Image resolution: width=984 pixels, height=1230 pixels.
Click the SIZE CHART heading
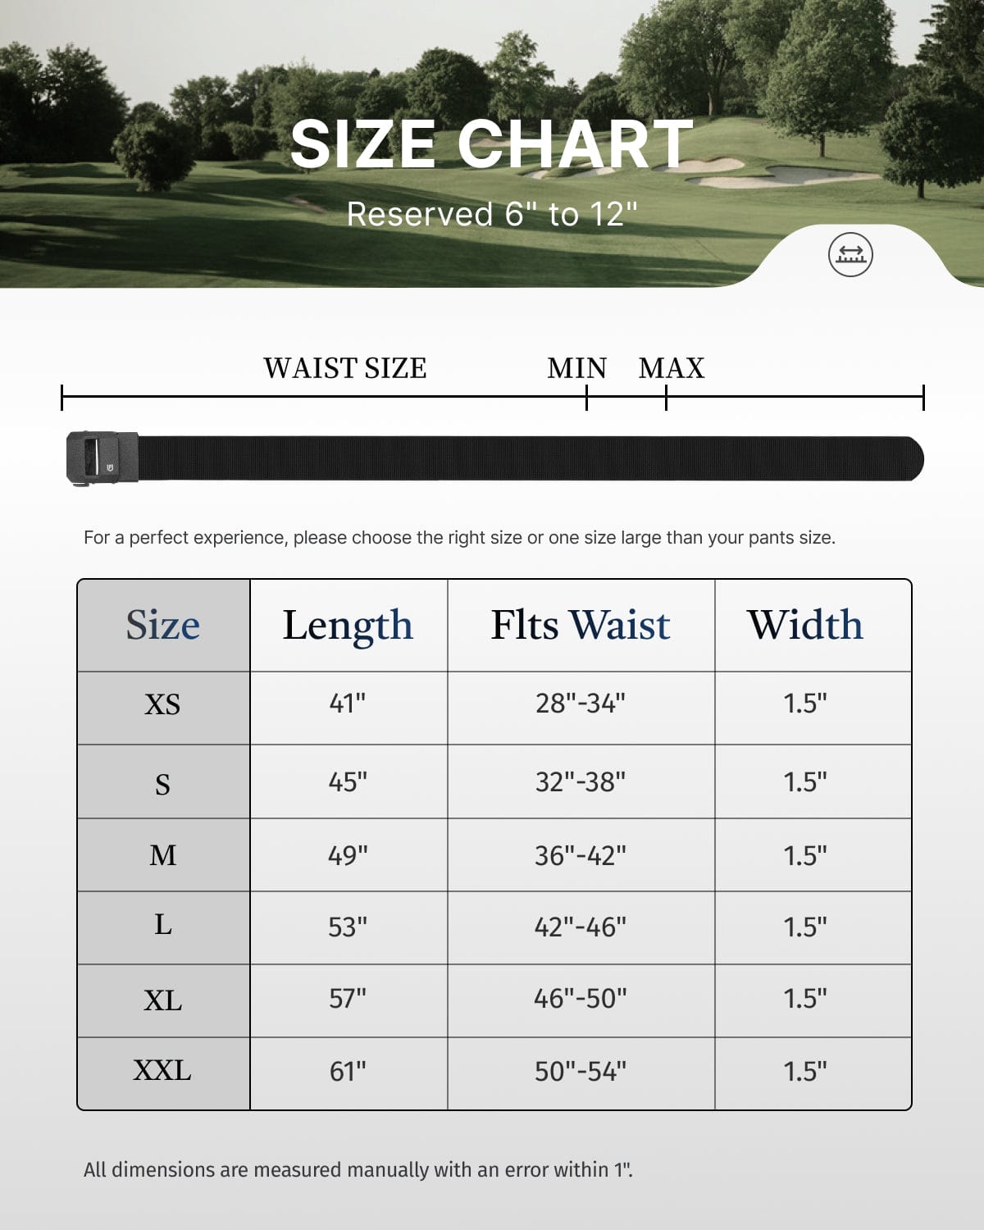click(x=492, y=144)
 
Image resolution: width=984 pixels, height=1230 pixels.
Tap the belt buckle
click(x=102, y=458)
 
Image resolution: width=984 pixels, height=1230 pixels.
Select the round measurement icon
click(x=850, y=254)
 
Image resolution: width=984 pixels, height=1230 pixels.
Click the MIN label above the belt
click(x=576, y=368)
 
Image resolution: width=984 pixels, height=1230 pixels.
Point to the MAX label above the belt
click(x=672, y=368)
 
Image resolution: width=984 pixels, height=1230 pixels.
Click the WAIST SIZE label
click(x=344, y=368)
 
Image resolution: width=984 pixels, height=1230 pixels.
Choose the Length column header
click(x=348, y=625)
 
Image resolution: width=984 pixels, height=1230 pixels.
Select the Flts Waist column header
click(x=581, y=625)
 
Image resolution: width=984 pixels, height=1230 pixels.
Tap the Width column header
click(x=805, y=625)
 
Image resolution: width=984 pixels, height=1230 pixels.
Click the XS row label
click(x=162, y=704)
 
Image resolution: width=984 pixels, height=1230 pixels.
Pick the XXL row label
click(x=162, y=1071)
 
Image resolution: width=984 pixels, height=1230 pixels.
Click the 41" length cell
click(x=348, y=704)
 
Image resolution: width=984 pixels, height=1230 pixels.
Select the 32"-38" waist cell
click(x=581, y=781)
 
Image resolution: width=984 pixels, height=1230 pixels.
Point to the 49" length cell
click(x=348, y=855)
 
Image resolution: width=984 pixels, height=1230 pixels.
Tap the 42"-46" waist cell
click(x=581, y=927)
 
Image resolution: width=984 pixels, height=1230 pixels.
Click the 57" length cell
click(x=348, y=999)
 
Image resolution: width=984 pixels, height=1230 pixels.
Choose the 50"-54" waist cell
click(x=581, y=1071)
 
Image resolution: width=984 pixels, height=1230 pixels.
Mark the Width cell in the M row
click(x=805, y=855)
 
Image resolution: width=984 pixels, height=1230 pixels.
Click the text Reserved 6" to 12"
click(x=492, y=214)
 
